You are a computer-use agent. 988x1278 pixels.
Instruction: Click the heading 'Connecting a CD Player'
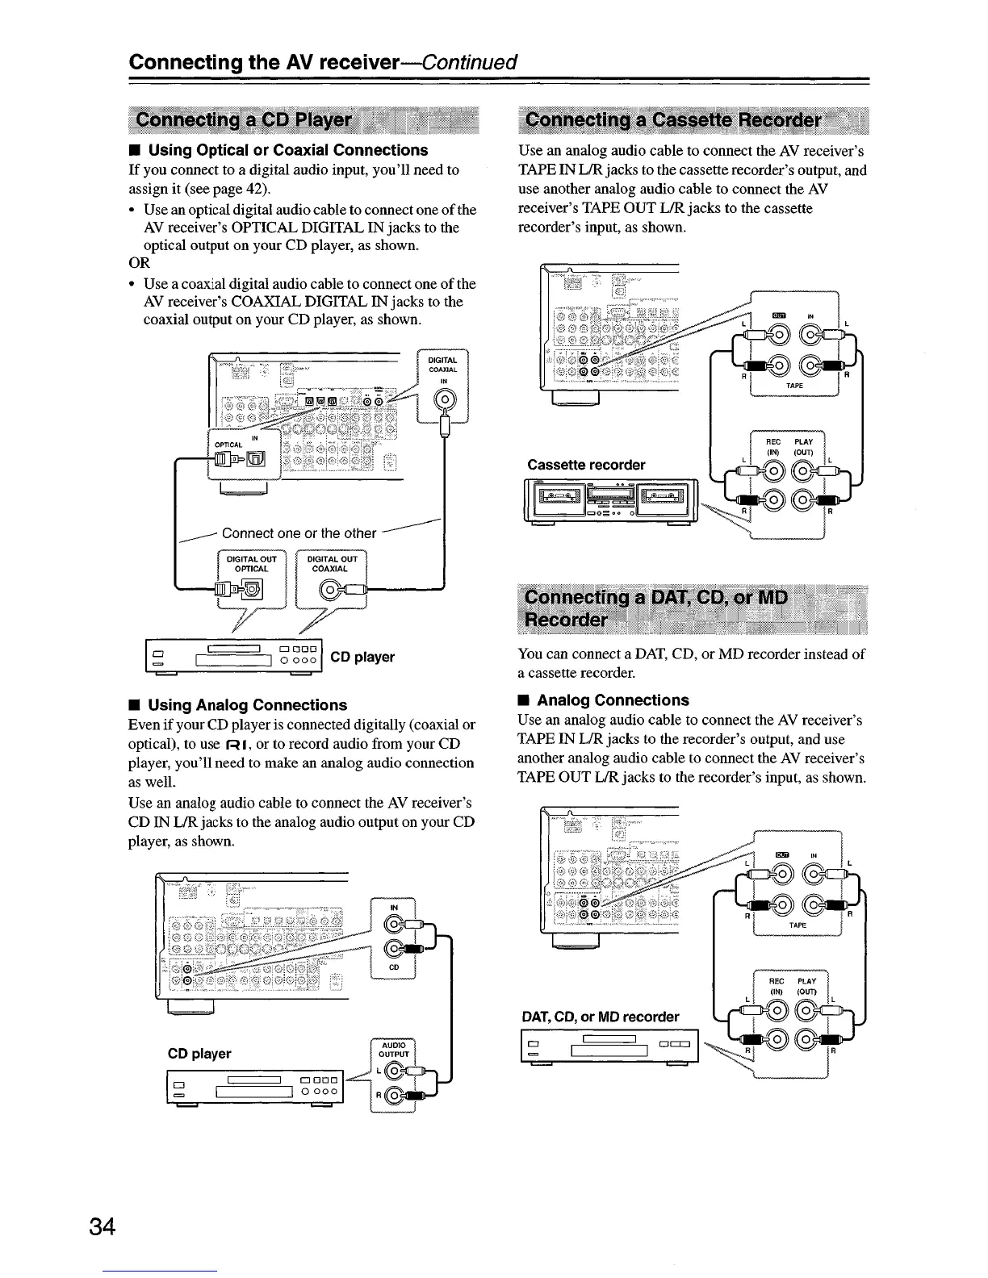coord(245,120)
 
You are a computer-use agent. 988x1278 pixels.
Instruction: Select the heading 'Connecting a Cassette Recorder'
coord(672,120)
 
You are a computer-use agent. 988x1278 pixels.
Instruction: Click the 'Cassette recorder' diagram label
coord(586,465)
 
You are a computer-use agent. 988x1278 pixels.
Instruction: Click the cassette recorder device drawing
coord(610,501)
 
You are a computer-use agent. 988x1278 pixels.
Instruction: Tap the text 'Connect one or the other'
coord(299,533)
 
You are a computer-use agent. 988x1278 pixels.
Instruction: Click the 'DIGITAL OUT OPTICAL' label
coord(252,563)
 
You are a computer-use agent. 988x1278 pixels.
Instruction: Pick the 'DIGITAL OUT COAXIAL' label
coord(332,563)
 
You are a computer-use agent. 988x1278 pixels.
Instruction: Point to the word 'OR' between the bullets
coord(140,263)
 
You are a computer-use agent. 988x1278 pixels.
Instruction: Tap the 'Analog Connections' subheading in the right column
coord(613,700)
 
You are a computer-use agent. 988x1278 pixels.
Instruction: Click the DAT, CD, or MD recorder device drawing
coord(610,1050)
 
